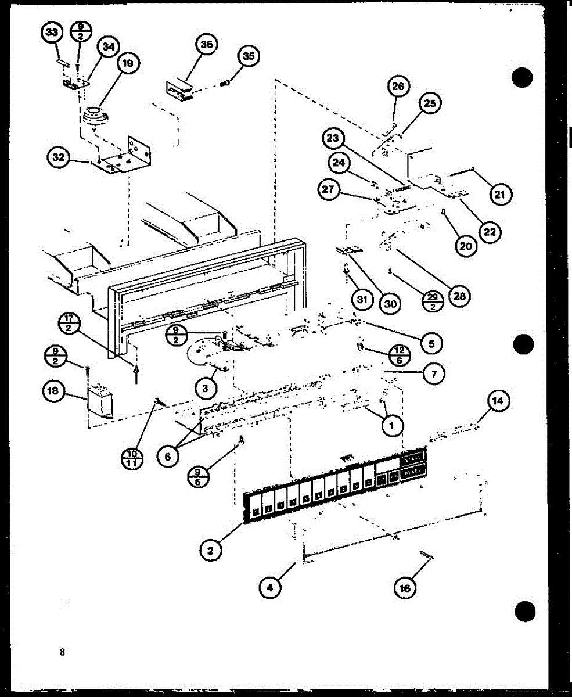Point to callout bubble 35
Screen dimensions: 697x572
point(247,56)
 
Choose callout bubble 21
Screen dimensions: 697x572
point(500,195)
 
